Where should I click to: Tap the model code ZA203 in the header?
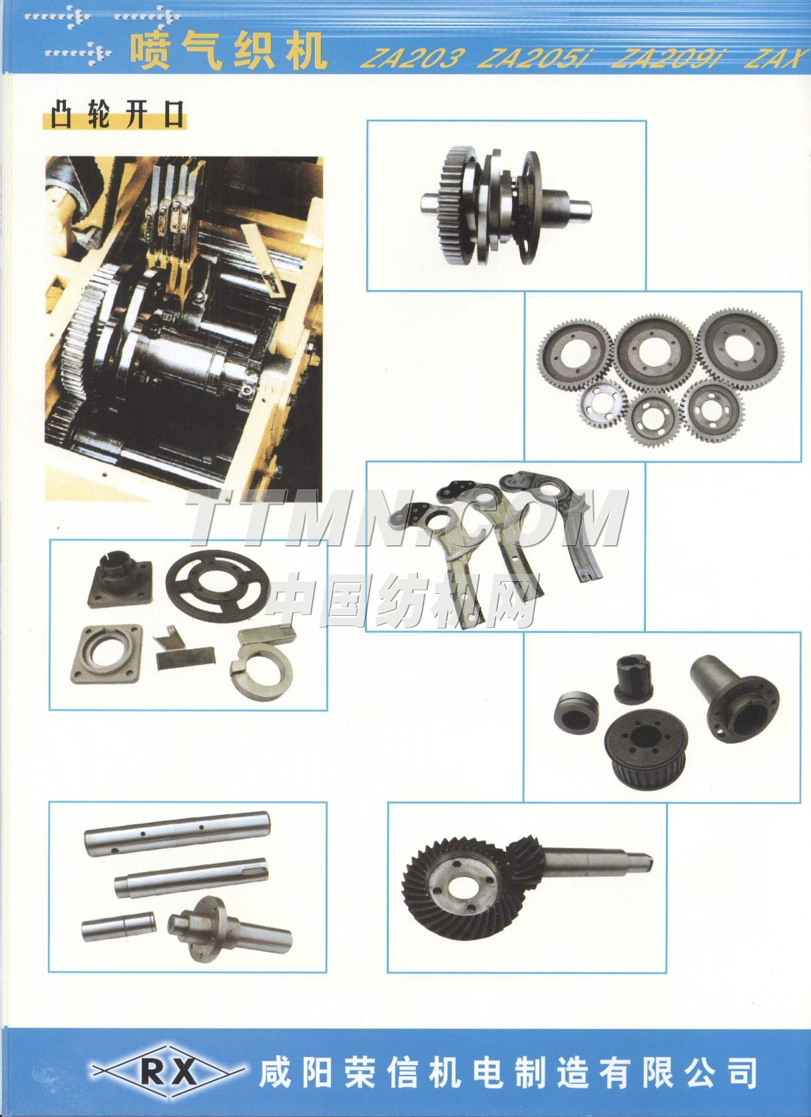(x=412, y=59)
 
